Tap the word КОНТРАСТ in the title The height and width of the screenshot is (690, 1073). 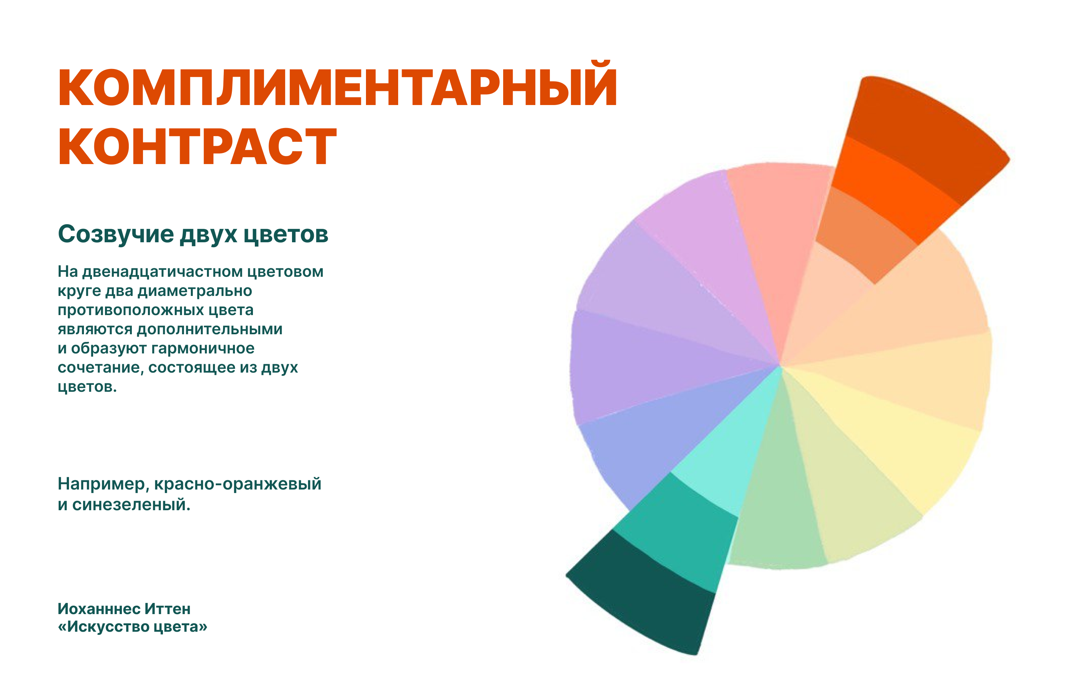[197, 146]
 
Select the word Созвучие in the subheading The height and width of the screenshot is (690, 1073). [116, 234]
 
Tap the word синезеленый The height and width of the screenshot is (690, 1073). [131, 504]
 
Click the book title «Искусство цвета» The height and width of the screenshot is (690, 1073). [133, 626]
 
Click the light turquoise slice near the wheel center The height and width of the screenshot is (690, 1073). [725, 457]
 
